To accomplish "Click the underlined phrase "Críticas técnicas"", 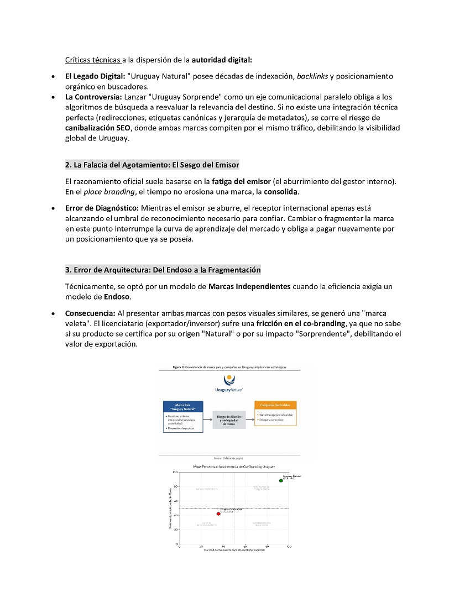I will (93, 59).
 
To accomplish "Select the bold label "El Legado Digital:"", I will (95, 76).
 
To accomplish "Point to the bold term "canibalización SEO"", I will (98, 128).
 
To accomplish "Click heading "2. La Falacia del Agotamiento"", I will (152, 165).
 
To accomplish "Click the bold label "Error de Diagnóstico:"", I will (102, 208).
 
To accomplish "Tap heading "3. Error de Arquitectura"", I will (163, 270).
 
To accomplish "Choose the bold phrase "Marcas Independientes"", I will (249, 286).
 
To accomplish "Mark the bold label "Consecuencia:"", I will (90, 313).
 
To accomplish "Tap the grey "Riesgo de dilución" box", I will (228, 420).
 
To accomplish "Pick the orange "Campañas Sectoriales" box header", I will (275, 405).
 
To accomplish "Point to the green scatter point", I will (281, 480).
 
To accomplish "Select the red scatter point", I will (218, 513).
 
